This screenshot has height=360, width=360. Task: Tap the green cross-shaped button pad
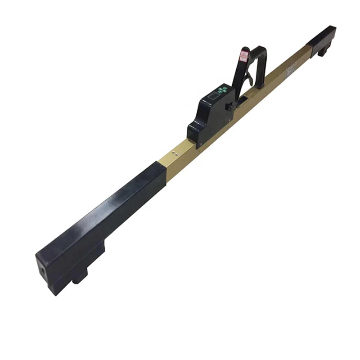pyautogui.click(x=220, y=90)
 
